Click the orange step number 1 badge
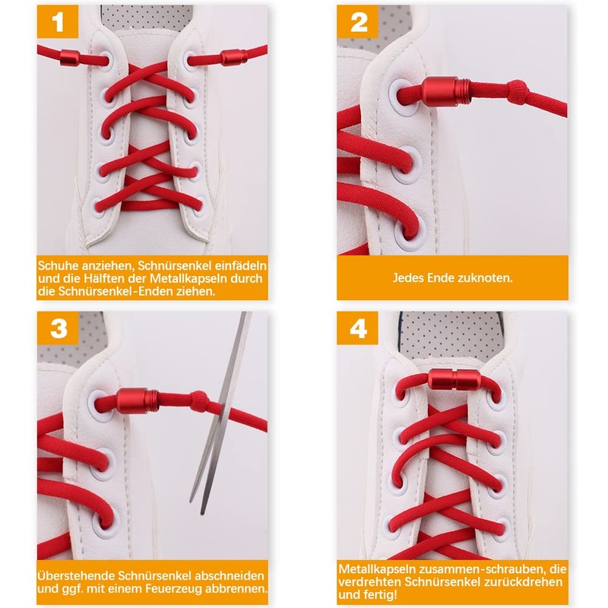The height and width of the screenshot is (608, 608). click(58, 22)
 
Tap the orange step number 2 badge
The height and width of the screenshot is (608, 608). click(357, 22)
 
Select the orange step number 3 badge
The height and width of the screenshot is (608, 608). click(59, 328)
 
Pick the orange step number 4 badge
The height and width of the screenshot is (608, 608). click(357, 328)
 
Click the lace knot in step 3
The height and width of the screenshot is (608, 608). click(199, 401)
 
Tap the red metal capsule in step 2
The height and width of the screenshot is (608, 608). click(446, 91)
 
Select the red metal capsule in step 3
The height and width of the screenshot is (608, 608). click(137, 401)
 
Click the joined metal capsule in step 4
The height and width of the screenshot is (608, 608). click(454, 379)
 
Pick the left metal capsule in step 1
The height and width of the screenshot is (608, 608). click(70, 58)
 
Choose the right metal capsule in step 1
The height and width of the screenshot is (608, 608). click(234, 58)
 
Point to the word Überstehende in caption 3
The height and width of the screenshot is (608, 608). click(77, 575)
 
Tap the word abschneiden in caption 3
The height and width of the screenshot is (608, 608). click(230, 575)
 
